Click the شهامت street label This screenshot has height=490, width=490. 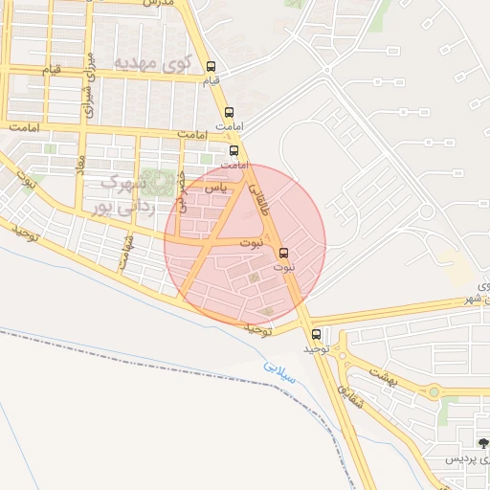[x=128, y=252]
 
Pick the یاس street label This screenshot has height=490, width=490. [x=220, y=189]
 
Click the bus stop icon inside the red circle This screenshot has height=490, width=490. [x=282, y=253]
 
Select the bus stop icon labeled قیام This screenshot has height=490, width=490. [x=212, y=67]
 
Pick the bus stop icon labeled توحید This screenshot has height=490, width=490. [x=317, y=335]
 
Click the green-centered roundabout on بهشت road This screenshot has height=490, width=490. [x=434, y=392]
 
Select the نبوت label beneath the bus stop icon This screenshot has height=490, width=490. [x=284, y=267]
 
